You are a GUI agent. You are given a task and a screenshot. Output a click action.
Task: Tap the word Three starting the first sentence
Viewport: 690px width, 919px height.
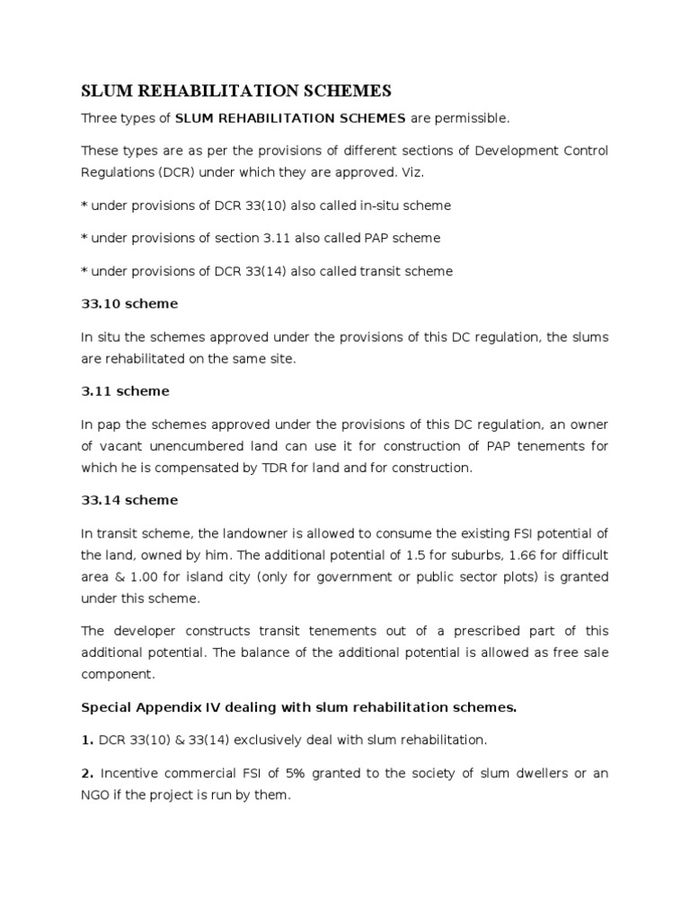99,118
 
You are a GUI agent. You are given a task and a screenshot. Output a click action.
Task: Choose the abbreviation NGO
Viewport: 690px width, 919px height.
98,794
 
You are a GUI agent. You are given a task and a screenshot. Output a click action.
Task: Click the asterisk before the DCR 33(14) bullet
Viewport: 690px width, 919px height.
84,272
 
